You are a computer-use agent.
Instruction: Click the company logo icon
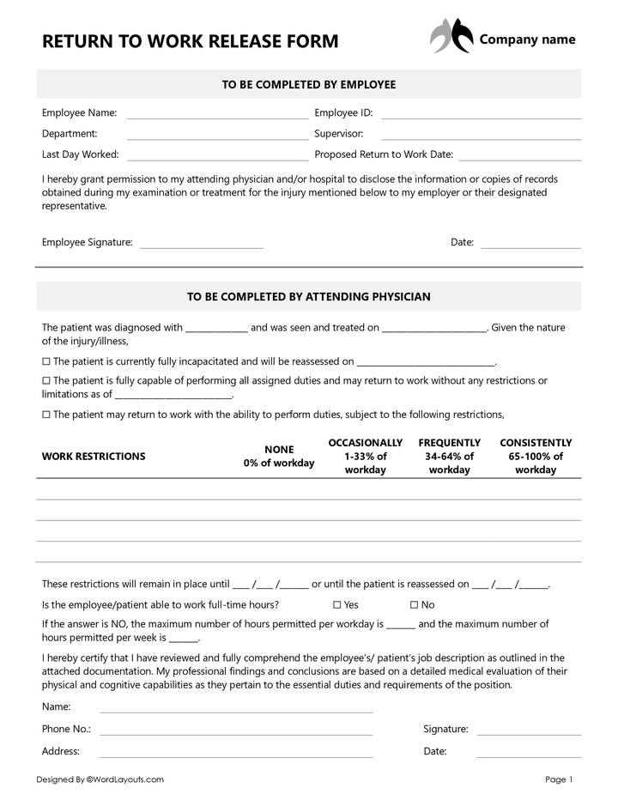(451, 37)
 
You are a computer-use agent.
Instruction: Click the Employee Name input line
(217, 117)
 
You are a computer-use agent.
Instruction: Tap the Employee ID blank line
(481, 117)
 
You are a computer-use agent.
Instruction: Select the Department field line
(217, 138)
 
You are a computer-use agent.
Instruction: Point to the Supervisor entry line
(481, 138)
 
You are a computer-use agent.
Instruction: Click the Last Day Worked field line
(217, 159)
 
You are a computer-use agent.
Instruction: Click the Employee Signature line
(202, 247)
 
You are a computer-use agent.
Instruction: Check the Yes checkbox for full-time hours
(337, 605)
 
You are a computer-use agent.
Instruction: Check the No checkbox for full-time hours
(415, 605)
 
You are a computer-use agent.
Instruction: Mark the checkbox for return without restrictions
(46, 381)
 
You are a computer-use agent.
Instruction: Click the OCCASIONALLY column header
(365, 456)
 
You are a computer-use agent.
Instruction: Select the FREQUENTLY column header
(449, 456)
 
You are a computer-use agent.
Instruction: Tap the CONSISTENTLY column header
(536, 456)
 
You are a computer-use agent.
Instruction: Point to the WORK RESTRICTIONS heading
(94, 457)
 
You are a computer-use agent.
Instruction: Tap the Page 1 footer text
(558, 779)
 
